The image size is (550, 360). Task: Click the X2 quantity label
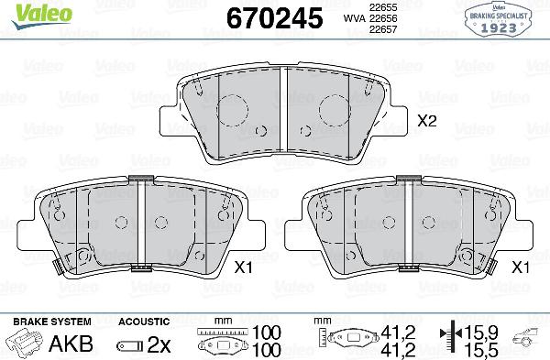[x=426, y=120]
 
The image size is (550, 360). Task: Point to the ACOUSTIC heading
[x=145, y=322]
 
